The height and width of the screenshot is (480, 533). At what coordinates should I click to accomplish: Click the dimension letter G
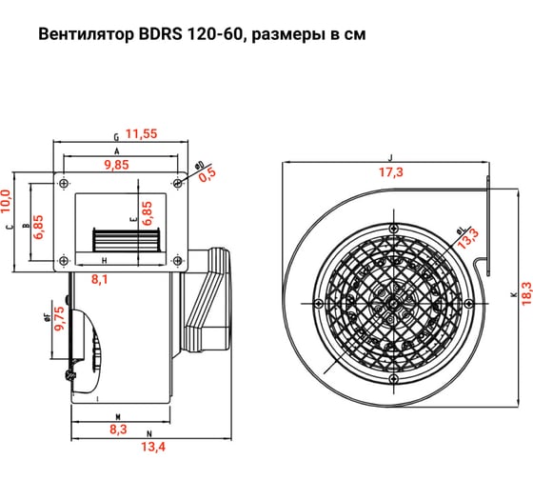click(115, 136)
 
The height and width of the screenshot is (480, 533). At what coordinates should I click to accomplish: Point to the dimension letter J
click(390, 157)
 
